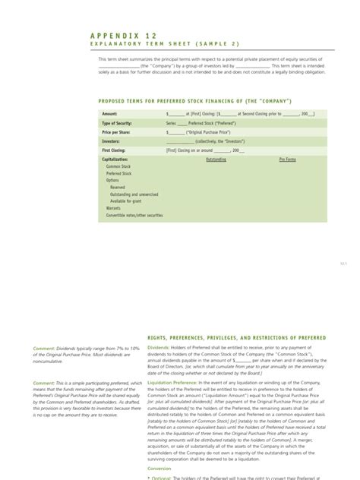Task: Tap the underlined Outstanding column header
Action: [x=216, y=159]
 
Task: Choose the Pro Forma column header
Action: [x=287, y=159]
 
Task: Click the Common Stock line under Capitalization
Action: [x=118, y=166]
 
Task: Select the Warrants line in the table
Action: [x=113, y=207]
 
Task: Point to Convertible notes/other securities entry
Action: [x=134, y=215]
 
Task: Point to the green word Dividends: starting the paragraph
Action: [x=159, y=346]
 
